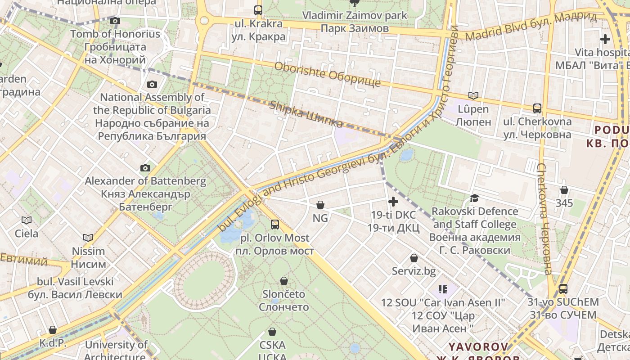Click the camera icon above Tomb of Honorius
click(115, 21)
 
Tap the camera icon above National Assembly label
click(152, 84)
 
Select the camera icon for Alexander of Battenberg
click(145, 168)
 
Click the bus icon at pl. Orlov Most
click(274, 224)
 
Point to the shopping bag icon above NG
click(320, 205)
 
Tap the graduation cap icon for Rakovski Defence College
click(474, 198)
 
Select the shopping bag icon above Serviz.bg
click(414, 258)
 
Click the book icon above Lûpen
click(473, 95)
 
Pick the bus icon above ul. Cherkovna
click(537, 108)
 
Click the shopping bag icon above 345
click(564, 190)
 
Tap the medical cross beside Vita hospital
click(605, 39)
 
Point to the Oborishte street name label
click(327, 74)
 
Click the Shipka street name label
click(306, 114)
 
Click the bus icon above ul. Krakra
click(258, 10)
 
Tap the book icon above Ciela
click(27, 220)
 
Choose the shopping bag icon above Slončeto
click(284, 281)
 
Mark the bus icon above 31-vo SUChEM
click(563, 288)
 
